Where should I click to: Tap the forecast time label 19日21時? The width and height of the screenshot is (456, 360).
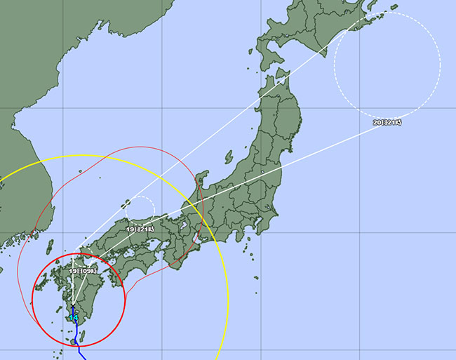pos(140,229)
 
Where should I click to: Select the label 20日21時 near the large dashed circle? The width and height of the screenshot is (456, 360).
pos(388,123)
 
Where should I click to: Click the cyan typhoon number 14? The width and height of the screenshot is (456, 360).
pos(73,318)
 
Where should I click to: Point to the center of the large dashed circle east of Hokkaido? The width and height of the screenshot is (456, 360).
pos(387,65)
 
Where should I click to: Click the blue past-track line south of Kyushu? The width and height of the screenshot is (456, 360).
pos(78,347)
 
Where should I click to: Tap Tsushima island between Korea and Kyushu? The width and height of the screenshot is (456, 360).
pos(50,246)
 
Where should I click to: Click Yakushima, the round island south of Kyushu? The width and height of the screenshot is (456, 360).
pos(73,342)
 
